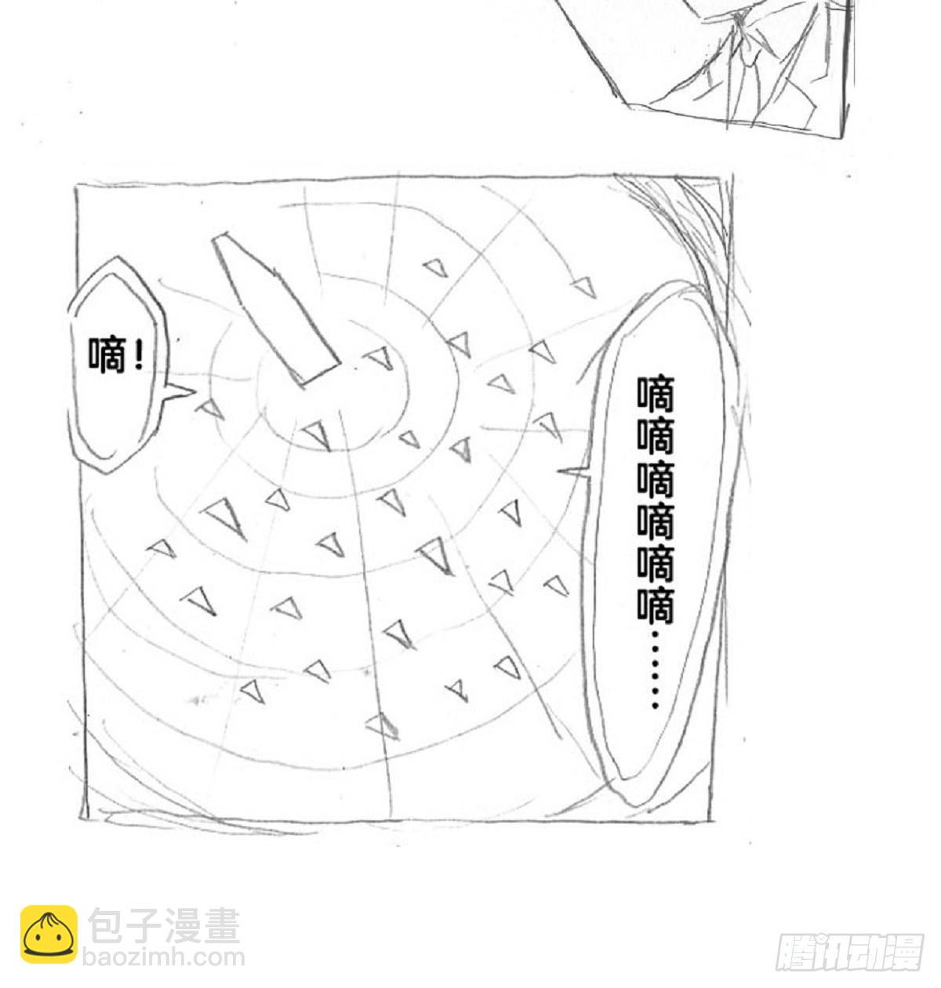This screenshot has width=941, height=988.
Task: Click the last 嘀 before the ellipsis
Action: [x=656, y=605]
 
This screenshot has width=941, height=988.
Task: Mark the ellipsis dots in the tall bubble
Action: [x=656, y=668]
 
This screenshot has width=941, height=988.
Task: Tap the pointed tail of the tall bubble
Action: [x=571, y=471]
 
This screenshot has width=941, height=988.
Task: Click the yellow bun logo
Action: [x=49, y=935]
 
